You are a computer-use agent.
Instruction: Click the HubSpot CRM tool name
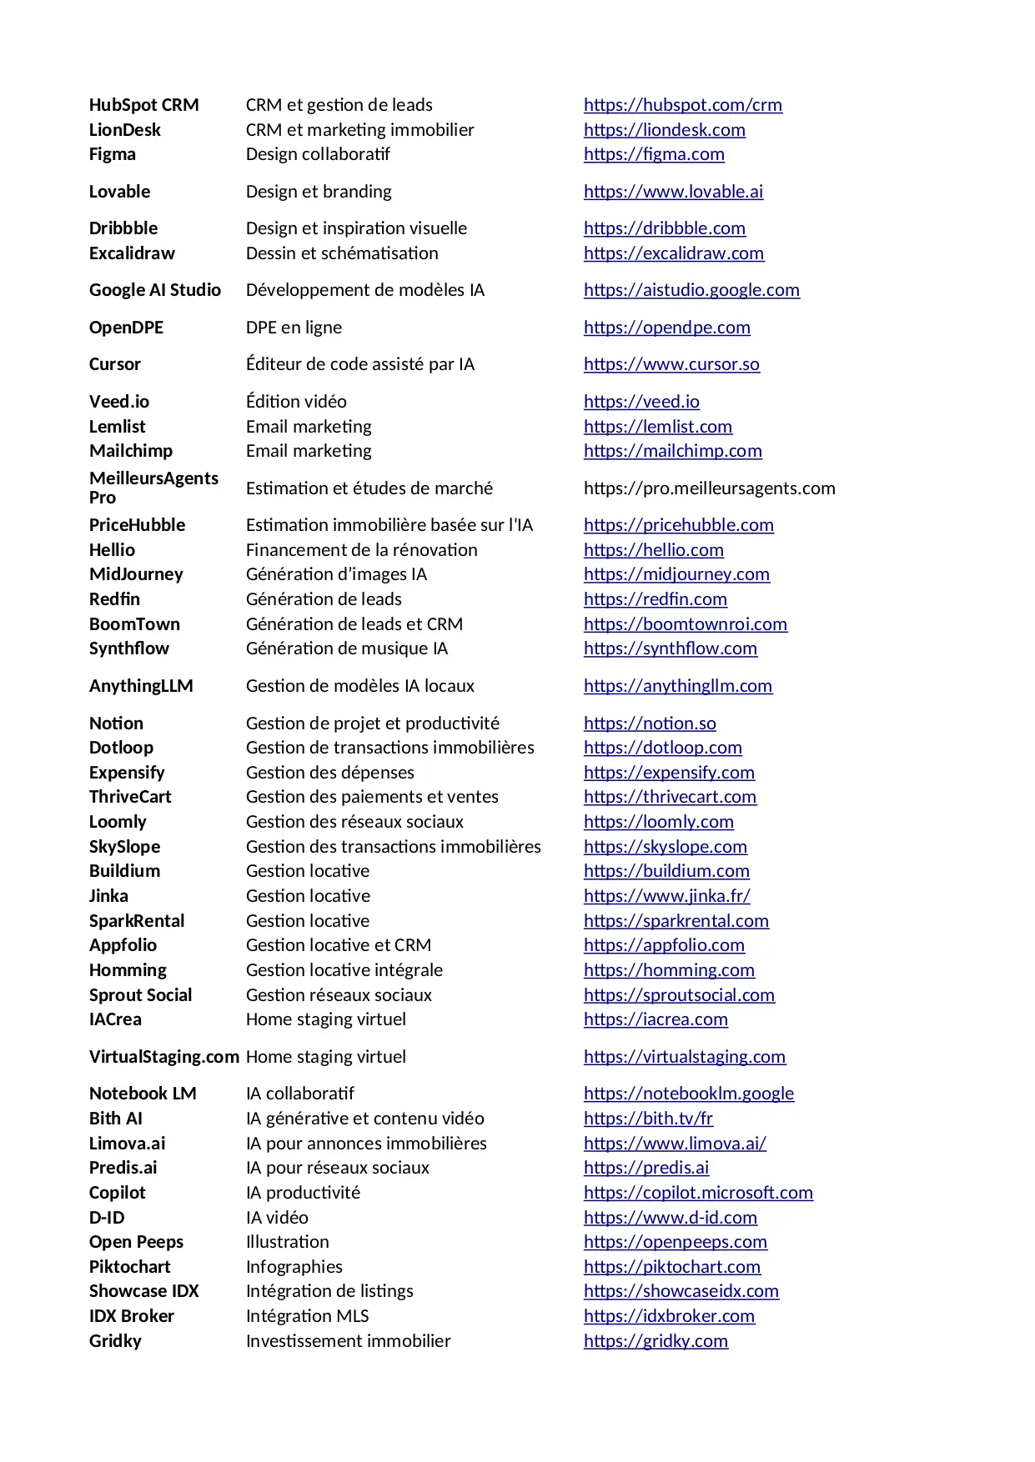tap(143, 105)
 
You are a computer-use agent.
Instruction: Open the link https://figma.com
tap(654, 154)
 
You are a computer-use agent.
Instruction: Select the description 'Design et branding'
tap(319, 192)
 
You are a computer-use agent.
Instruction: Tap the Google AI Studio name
tap(155, 290)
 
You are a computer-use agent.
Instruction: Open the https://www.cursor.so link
tap(671, 364)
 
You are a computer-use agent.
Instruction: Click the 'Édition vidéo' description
tap(296, 402)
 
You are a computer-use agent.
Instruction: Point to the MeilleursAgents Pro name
tap(153, 488)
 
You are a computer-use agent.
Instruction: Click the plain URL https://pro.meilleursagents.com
tap(709, 488)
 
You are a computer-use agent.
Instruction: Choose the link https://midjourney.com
tap(676, 574)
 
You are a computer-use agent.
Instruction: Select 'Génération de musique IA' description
tap(347, 648)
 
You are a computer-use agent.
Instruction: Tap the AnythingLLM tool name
tap(141, 686)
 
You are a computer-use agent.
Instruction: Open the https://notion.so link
tap(650, 723)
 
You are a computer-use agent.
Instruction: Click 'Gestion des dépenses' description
tap(330, 773)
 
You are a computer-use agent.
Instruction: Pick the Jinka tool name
tap(108, 896)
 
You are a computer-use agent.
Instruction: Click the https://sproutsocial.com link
tap(679, 995)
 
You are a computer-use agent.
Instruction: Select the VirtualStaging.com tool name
tap(164, 1057)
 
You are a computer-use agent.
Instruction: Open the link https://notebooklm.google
tap(689, 1094)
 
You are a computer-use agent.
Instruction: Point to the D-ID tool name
tap(107, 1218)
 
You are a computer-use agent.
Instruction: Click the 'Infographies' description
tap(294, 1267)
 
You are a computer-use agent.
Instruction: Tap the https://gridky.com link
tap(656, 1341)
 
